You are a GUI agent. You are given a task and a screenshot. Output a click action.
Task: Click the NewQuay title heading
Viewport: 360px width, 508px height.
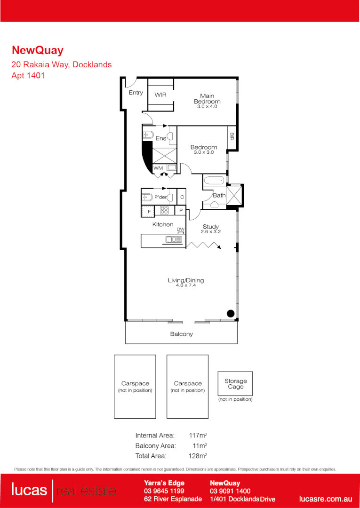[x=37, y=50]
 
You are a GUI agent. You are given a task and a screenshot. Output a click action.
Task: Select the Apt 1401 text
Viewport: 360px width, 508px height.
[x=28, y=75]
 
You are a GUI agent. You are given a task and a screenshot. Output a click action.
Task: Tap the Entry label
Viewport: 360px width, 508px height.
[x=136, y=93]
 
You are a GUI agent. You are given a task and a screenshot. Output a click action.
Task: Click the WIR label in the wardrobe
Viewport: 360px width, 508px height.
[x=160, y=95]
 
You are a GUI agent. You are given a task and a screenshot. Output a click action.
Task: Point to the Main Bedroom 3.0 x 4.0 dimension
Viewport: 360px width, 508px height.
[x=207, y=107]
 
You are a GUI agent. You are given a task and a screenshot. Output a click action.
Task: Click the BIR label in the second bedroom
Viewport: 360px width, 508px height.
[x=232, y=136]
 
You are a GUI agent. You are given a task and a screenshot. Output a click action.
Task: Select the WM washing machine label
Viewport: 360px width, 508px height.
[x=158, y=167]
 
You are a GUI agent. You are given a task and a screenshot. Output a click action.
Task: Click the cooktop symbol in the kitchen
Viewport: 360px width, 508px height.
[x=165, y=211]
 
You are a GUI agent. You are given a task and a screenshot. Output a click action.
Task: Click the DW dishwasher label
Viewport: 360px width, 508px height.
[x=180, y=229]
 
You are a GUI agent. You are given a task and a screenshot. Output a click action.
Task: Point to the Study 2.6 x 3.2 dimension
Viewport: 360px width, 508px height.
[x=210, y=232]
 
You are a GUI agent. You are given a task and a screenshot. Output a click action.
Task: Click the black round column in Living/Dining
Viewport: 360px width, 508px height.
[x=230, y=314]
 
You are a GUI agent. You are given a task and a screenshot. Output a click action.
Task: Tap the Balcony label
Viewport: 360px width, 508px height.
[x=181, y=334]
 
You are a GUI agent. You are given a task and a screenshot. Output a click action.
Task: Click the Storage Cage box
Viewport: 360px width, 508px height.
[x=235, y=384]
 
